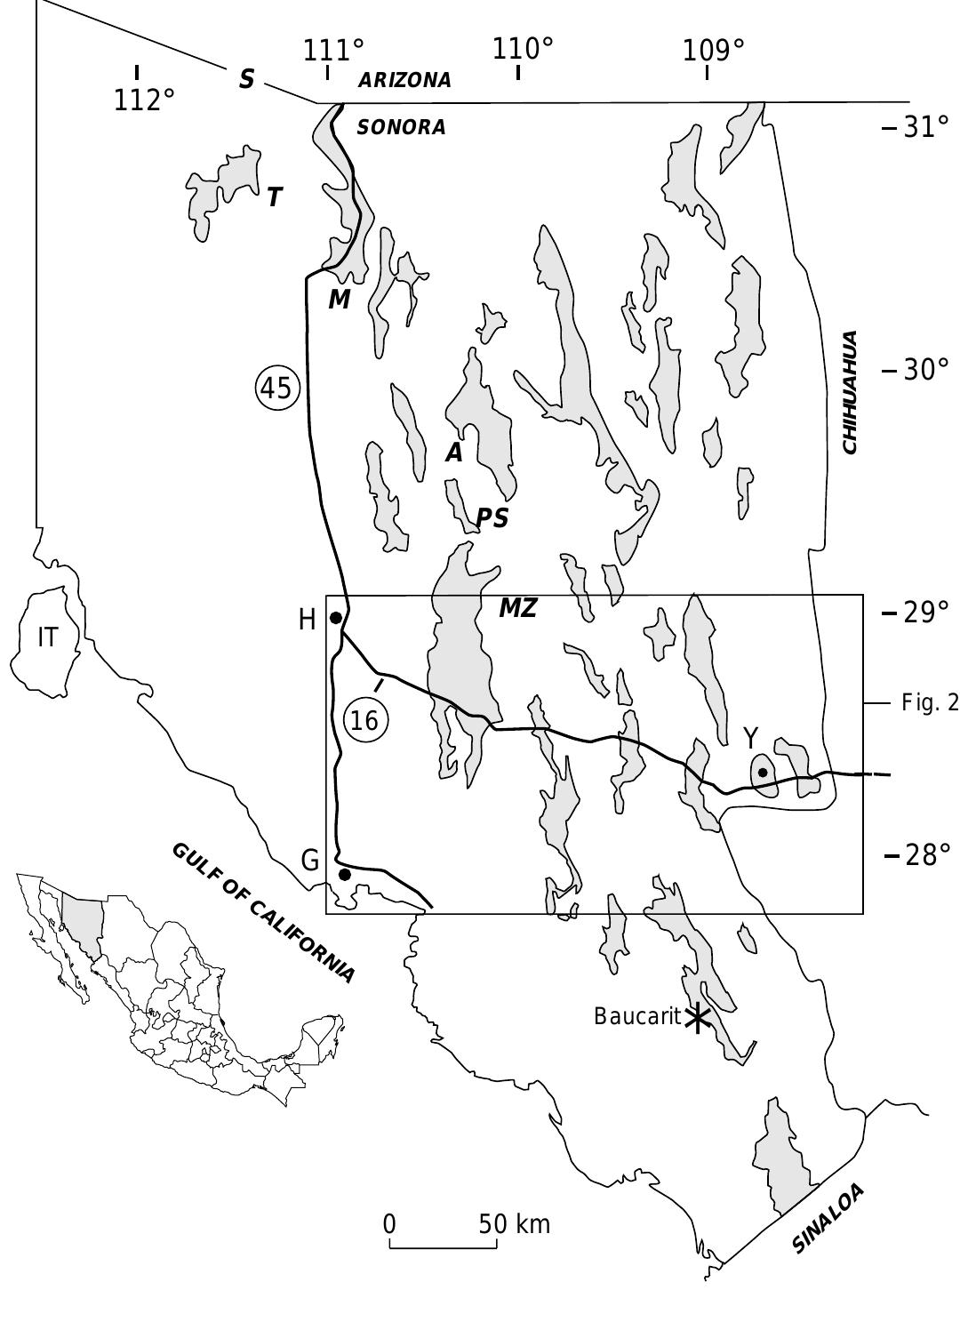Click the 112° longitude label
143,100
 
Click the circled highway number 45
277,389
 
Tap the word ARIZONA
404,80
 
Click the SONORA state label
401,127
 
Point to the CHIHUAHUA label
850,392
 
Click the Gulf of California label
263,911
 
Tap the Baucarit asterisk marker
697,1018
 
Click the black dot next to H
336,618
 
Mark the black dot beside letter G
345,875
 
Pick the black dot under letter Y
763,772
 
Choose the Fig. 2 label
930,703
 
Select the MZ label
517,609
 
